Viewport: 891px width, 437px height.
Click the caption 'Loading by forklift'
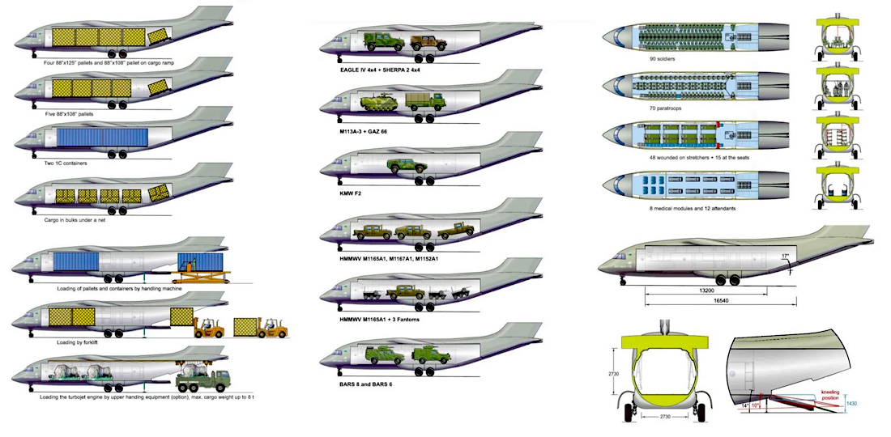(73, 342)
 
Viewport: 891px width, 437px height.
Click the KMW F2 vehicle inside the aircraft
(403, 165)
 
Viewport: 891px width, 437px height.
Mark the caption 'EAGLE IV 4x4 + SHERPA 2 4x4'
(386, 70)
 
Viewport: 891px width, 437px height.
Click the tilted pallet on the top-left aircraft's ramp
(162, 36)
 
